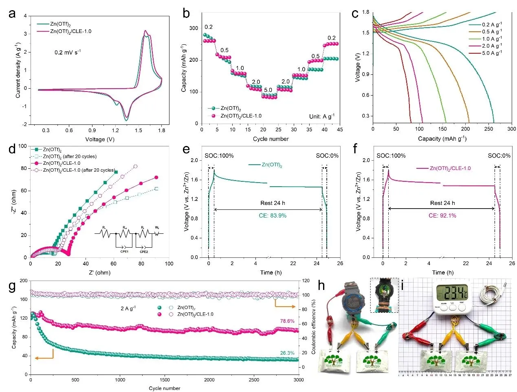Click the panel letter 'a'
click(x=12, y=14)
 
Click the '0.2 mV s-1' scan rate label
click(x=68, y=52)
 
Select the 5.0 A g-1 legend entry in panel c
click(x=492, y=53)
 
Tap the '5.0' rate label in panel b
click(x=268, y=90)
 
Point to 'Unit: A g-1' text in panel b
click(x=322, y=116)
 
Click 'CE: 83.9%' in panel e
click(x=273, y=216)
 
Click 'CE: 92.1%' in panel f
click(x=442, y=216)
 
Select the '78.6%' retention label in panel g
click(x=287, y=321)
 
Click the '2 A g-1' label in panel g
click(x=128, y=309)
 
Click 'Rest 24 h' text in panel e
click(x=273, y=203)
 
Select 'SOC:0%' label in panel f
click(x=499, y=156)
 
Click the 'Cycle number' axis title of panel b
click(x=271, y=139)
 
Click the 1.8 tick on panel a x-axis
click(x=161, y=130)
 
